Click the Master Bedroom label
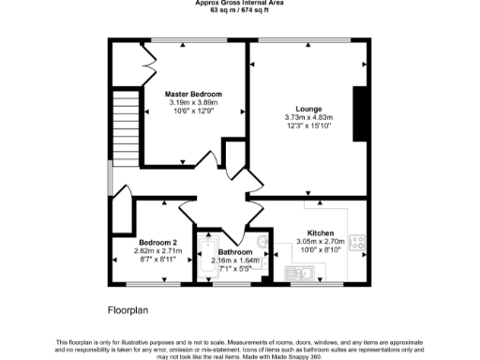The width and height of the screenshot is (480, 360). click(193, 95)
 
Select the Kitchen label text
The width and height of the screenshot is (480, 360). click(322, 232)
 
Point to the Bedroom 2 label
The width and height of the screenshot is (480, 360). click(131, 243)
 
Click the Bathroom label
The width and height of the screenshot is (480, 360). click(235, 252)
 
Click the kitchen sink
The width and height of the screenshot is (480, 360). click(302, 273)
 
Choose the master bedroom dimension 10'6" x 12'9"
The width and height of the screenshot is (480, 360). click(193, 112)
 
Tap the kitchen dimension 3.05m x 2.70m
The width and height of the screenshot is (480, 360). click(321, 241)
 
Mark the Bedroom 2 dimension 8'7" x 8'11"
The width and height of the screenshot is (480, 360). click(131, 260)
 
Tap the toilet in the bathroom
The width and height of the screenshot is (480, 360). click(264, 252)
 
